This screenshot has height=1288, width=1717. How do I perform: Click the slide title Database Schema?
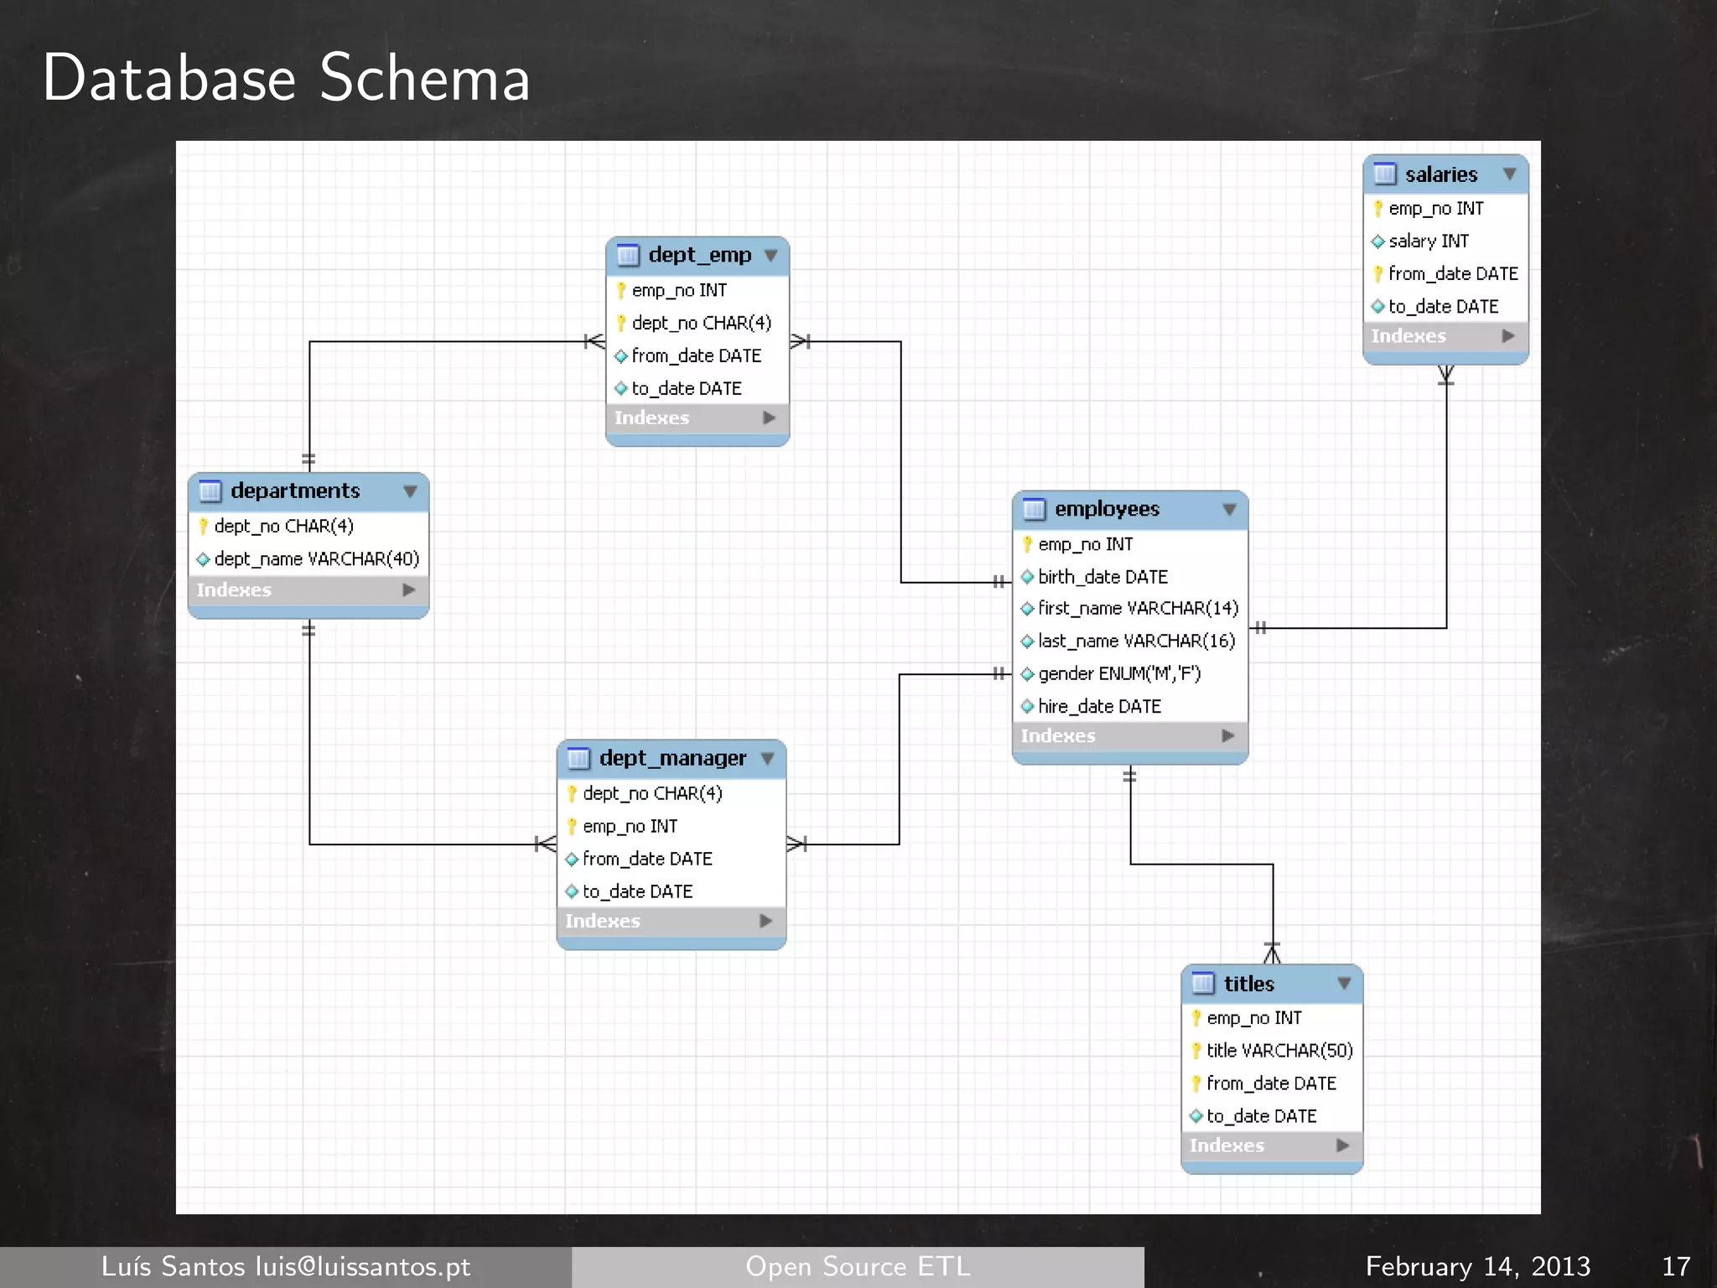(x=286, y=78)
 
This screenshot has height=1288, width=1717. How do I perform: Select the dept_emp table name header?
(x=699, y=255)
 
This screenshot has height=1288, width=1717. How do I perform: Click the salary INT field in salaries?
(x=1428, y=241)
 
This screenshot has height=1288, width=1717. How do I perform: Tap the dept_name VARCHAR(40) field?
(x=316, y=559)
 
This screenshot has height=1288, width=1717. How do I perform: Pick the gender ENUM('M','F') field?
(x=1118, y=674)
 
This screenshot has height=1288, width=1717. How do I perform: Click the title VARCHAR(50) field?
(x=1279, y=1051)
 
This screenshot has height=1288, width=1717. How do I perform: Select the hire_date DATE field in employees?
(x=1099, y=707)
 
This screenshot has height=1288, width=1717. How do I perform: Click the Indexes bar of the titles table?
(x=1271, y=1145)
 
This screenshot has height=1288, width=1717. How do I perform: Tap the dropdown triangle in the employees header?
(x=1229, y=510)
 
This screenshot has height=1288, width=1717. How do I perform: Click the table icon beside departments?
(x=210, y=491)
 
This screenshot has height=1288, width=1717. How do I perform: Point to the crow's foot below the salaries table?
(x=1446, y=375)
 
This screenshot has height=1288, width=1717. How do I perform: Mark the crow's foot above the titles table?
(x=1272, y=953)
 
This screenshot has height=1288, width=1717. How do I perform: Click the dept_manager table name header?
(x=672, y=758)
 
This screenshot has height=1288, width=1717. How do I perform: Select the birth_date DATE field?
(x=1102, y=577)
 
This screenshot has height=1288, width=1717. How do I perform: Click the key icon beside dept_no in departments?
(x=203, y=527)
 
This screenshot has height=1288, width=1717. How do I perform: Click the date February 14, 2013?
(x=1477, y=1266)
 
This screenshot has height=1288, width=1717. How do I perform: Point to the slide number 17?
(x=1675, y=1266)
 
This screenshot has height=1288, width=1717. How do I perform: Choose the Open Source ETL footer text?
(x=858, y=1266)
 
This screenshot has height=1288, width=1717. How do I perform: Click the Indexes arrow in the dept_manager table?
(x=765, y=921)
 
